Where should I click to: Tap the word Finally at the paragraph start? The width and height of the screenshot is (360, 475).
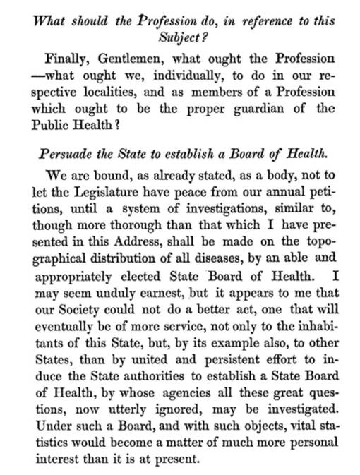tap(67, 59)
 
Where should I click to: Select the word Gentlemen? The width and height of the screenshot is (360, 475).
tap(135, 59)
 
